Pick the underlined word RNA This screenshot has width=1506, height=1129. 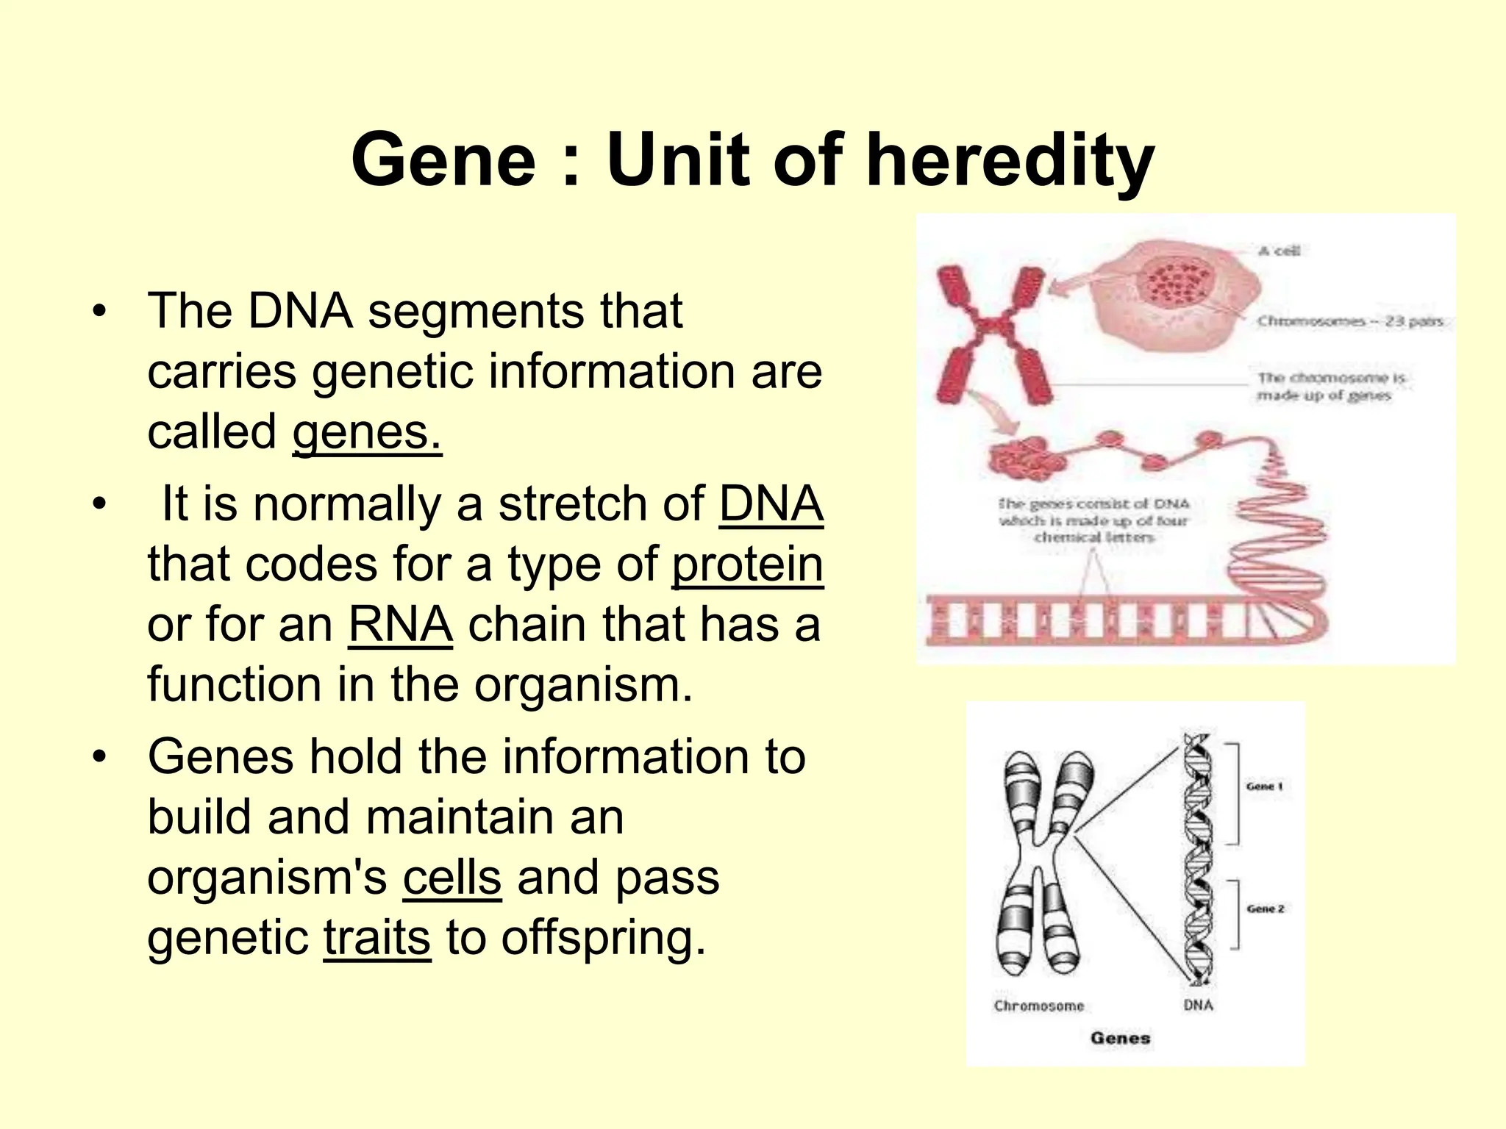tap(400, 625)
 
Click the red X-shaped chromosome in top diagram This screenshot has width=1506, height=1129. tap(987, 334)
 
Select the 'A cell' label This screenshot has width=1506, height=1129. tap(1279, 251)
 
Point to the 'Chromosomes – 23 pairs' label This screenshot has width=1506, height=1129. tap(1349, 321)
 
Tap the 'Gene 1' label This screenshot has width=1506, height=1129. tap(1265, 786)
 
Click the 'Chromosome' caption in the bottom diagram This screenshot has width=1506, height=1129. tap(1038, 1006)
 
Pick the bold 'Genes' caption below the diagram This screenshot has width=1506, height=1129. tap(1120, 1038)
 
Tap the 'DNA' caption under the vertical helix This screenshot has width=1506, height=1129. tap(1198, 1005)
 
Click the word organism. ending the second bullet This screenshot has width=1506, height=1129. tap(582, 685)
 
